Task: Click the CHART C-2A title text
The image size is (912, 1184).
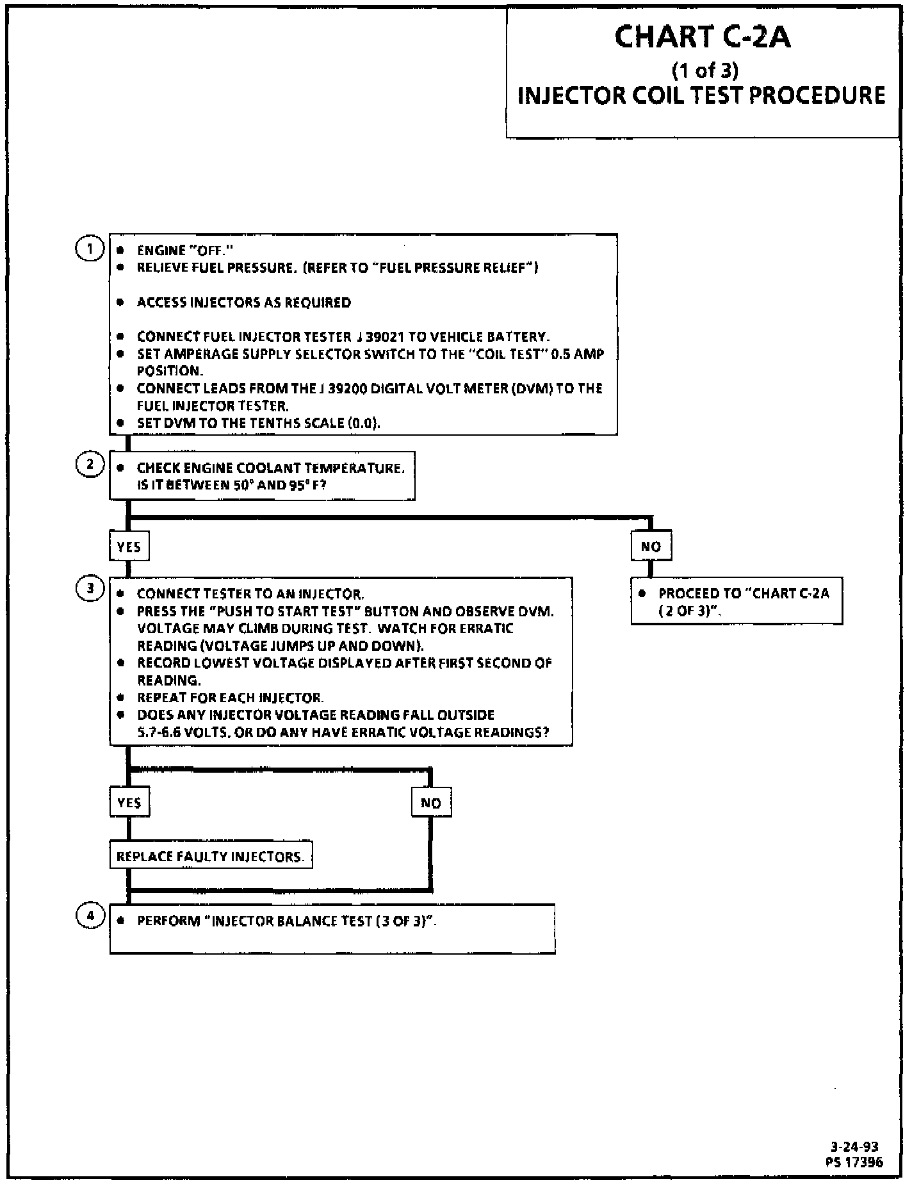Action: [703, 37]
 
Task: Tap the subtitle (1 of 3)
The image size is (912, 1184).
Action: [704, 69]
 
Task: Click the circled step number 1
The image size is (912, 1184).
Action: [90, 249]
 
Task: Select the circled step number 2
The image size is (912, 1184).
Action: [90, 465]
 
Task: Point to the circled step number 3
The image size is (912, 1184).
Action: [90, 589]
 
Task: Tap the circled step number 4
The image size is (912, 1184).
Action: [90, 916]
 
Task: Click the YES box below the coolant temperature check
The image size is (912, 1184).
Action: [129, 547]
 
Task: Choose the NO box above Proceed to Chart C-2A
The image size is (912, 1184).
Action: [651, 547]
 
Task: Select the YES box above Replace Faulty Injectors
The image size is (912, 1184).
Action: [129, 803]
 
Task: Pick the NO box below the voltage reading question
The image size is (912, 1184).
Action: [431, 803]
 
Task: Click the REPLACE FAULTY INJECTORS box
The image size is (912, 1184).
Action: [211, 856]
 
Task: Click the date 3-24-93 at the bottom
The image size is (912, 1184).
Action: [854, 1147]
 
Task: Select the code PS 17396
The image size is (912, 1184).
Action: [854, 1162]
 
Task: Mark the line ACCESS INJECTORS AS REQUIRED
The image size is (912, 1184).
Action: [244, 302]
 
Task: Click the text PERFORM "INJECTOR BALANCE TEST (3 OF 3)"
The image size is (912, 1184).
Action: [287, 921]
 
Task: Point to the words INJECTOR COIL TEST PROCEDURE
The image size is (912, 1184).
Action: [701, 95]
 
